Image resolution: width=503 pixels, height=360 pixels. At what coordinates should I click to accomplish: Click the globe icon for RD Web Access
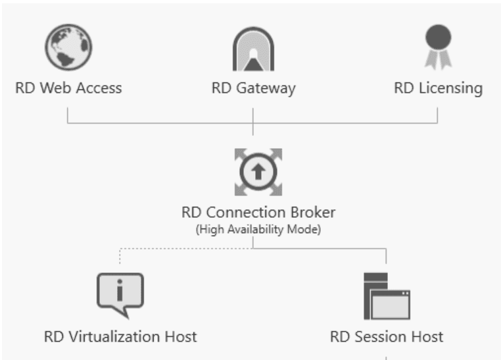coord(68,48)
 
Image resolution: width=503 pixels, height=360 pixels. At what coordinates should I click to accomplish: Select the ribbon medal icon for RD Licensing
coord(438,46)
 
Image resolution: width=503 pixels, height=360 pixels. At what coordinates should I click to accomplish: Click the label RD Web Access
coord(68,88)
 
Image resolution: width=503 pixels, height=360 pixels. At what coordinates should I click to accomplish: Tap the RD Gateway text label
coord(253,88)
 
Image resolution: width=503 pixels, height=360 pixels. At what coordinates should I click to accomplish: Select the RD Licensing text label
coord(438,88)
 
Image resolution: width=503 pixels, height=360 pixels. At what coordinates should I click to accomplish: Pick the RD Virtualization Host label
coord(120,337)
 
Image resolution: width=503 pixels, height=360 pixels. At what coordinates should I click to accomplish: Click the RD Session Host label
coord(387,337)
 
